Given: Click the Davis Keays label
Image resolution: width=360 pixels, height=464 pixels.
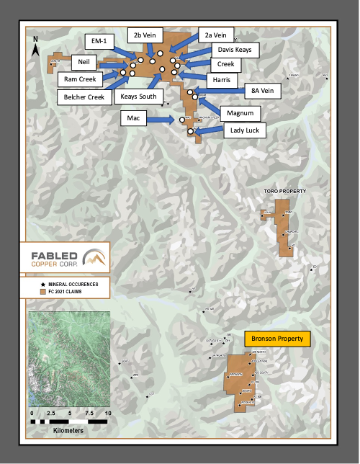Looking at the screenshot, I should tap(233, 50).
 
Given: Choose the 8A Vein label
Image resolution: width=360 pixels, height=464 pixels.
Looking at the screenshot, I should tap(261, 92).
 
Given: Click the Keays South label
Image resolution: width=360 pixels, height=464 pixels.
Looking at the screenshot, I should tap(139, 97).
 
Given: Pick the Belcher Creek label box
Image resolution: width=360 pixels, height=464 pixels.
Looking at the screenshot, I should tap(82, 97).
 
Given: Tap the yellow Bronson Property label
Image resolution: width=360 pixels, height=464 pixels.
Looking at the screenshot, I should tap(277, 338).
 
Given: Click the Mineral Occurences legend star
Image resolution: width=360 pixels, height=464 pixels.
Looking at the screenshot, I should tap(43, 284).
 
